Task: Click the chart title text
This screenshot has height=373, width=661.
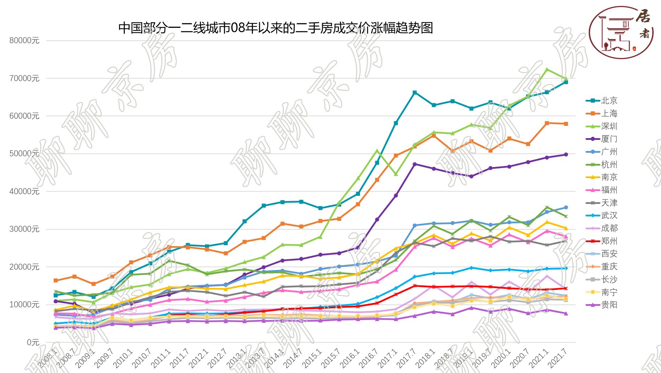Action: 276,28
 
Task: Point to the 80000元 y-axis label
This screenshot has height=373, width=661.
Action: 24,41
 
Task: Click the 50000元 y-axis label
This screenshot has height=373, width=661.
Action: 24,154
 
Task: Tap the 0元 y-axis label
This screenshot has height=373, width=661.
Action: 33,342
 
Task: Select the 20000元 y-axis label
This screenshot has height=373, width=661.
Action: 24,267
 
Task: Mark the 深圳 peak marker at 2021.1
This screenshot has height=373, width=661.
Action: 547,70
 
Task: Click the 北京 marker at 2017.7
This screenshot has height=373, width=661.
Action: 415,93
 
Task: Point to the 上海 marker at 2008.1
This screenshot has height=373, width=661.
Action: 56,280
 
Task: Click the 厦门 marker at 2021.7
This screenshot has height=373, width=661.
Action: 566,154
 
